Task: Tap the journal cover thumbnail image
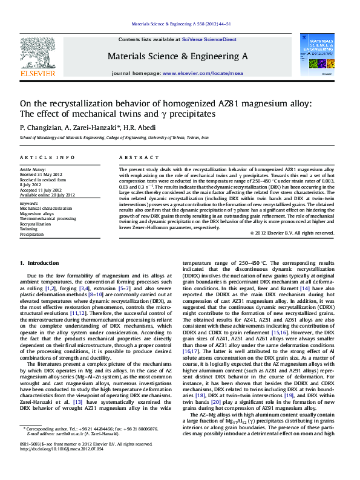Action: (x=321, y=54)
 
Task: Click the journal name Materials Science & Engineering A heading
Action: (x=177, y=56)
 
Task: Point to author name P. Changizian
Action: (x=41, y=128)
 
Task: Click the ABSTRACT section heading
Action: (x=134, y=157)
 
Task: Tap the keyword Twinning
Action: (x=28, y=229)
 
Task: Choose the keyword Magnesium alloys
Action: (x=37, y=213)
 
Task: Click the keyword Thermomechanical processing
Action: (x=48, y=219)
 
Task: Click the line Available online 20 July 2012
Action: (x=47, y=195)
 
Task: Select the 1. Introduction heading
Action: (x=39, y=263)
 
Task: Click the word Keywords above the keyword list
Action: (x=30, y=204)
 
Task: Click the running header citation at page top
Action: (x=181, y=25)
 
